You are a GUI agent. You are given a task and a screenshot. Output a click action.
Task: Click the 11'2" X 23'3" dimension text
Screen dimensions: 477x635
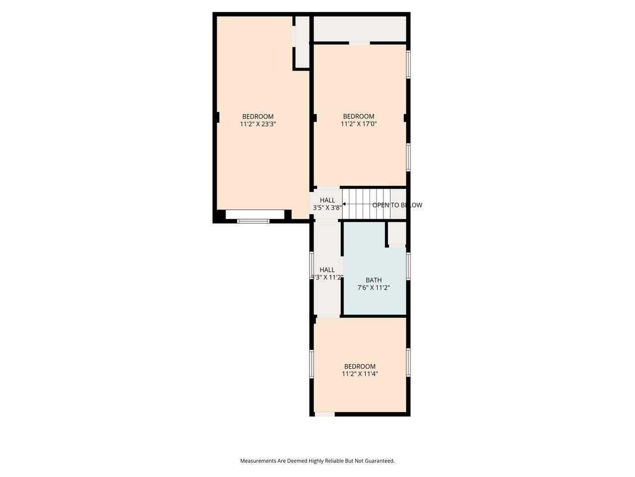pos(258,125)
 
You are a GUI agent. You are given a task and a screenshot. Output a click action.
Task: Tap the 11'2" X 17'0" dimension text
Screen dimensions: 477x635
pos(359,125)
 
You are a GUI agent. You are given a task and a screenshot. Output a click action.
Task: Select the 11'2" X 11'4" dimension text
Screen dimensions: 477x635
pos(360,375)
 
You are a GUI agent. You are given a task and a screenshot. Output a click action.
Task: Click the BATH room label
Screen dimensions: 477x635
pos(374,280)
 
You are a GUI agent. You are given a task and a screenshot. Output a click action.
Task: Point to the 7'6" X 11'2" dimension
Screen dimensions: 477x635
pos(374,288)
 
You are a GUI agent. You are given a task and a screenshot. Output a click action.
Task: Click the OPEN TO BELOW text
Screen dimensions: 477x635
pos(397,205)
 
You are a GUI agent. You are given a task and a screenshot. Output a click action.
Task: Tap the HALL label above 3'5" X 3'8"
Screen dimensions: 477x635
pos(327,200)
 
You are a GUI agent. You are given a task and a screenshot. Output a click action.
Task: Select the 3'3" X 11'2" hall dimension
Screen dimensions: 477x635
pos(327,278)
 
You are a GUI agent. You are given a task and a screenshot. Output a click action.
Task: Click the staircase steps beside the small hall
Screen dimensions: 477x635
pos(367,204)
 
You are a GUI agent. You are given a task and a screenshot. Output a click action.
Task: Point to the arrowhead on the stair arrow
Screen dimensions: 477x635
pos(344,204)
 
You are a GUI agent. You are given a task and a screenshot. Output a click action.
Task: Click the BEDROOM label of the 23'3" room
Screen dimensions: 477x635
pos(258,117)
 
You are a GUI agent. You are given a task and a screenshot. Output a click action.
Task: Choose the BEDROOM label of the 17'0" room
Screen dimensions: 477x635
pos(359,117)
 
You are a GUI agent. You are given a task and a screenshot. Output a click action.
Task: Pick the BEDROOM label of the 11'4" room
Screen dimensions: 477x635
pos(360,367)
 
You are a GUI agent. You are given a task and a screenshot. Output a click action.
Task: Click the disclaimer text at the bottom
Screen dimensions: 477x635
pos(317,461)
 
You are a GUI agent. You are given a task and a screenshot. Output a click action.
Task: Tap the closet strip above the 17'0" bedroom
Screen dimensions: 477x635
pos(360,29)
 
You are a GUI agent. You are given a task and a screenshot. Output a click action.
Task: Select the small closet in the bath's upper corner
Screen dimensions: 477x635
pos(396,234)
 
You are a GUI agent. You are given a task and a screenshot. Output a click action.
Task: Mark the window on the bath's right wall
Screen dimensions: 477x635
pos(408,267)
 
